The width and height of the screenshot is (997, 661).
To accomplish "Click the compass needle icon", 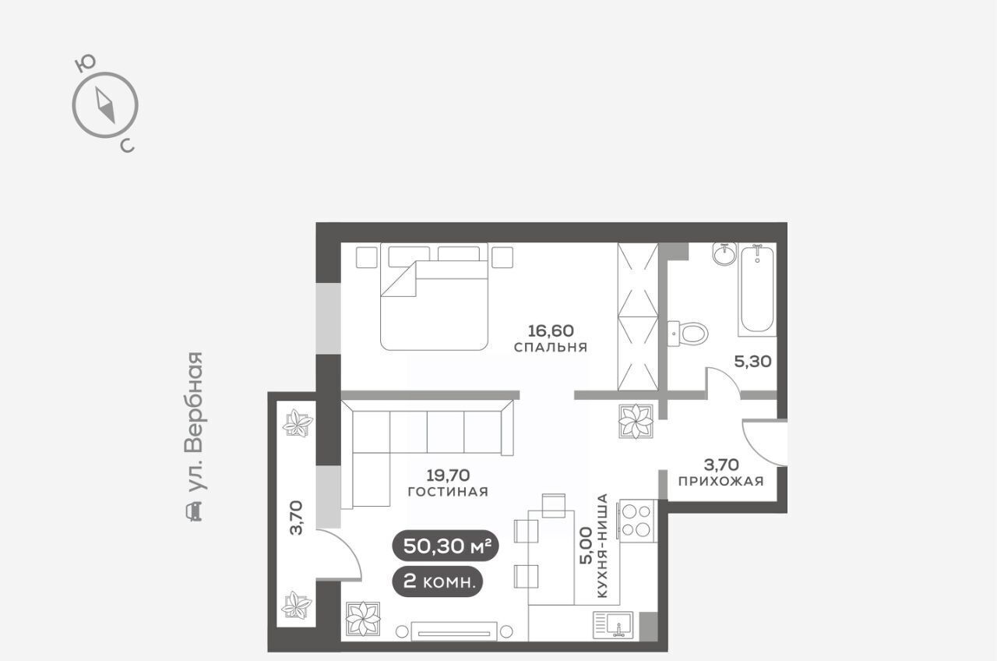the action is pos(105,105).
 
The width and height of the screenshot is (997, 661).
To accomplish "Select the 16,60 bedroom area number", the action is pos(551,330).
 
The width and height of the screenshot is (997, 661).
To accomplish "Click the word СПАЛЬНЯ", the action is pos(551,347).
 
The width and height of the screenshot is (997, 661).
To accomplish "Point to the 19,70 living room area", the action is pos(448,475).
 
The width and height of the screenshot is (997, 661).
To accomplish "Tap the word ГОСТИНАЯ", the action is pos(448,492).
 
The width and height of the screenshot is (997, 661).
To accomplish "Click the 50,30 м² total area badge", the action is pos(445,546).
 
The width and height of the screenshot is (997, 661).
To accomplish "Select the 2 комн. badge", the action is pos(437,581).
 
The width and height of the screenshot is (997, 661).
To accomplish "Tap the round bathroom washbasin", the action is pos(724,254).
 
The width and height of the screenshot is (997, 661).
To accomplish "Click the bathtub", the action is pos(757,289).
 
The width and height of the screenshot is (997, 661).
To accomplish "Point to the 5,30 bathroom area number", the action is pos(752,362).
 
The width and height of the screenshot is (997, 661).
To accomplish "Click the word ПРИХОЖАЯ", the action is pos(721,481).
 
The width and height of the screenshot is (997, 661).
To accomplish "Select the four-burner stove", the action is pos(636,521).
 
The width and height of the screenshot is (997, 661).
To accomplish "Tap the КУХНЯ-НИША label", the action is pos(602,545).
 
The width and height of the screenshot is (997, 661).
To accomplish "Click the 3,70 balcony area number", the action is pos(296,517).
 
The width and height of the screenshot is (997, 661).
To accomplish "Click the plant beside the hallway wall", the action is pos(636,421).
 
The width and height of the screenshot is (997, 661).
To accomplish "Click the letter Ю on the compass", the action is pos(86,64).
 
